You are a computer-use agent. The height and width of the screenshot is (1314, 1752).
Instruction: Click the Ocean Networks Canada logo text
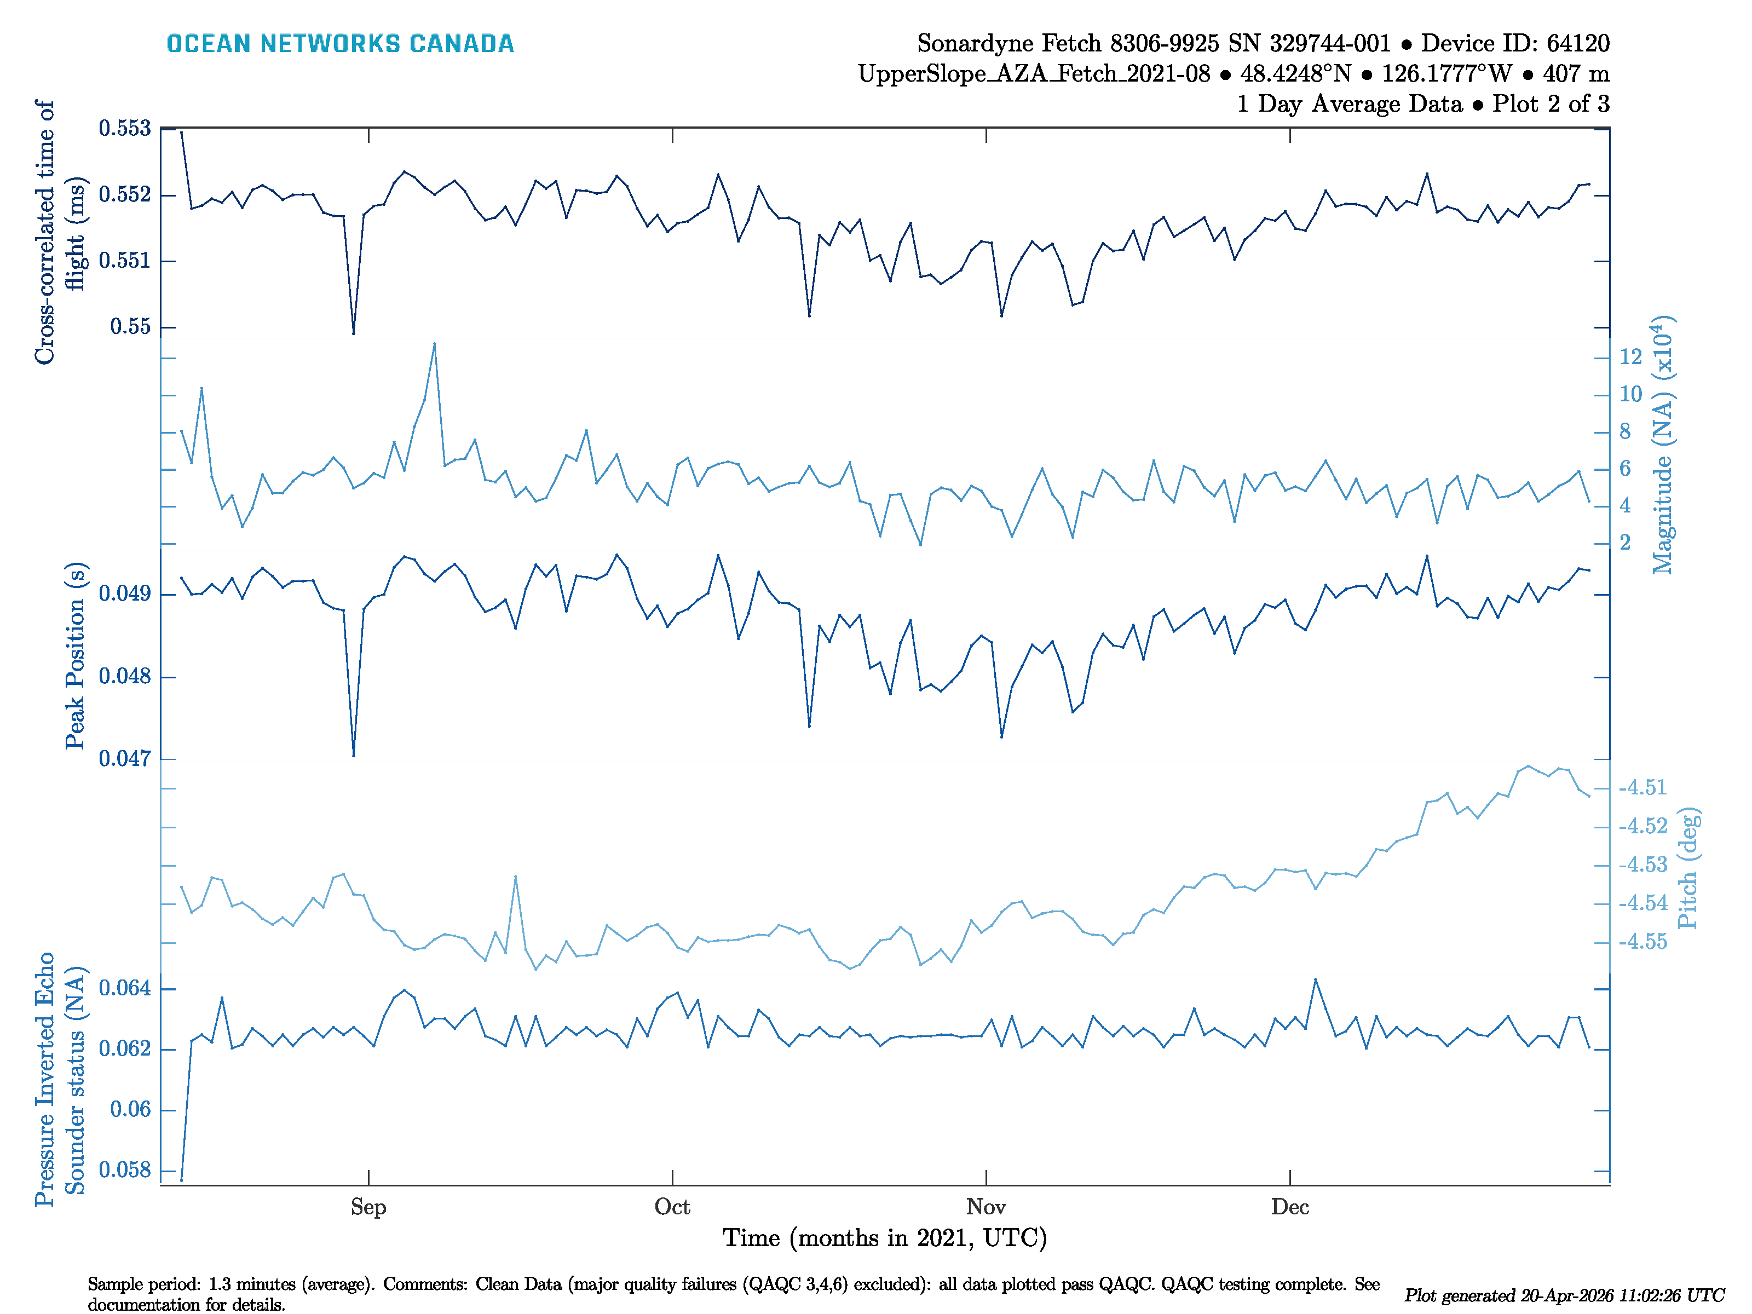tap(340, 44)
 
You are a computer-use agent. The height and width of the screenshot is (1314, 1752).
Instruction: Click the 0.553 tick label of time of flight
tap(124, 128)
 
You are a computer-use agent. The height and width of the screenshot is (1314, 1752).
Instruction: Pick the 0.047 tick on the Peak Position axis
tap(124, 759)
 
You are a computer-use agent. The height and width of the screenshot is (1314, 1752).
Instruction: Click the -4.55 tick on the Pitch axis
tap(1642, 942)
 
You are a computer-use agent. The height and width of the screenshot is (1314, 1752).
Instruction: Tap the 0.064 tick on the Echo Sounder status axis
tap(124, 988)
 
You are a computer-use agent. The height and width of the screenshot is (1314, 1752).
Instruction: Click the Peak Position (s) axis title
tap(75, 656)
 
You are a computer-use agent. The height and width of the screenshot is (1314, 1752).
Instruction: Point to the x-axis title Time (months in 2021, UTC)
tap(885, 1238)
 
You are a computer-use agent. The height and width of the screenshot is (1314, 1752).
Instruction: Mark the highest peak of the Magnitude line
tap(435, 344)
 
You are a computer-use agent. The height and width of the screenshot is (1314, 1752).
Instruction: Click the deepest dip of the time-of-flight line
tap(353, 333)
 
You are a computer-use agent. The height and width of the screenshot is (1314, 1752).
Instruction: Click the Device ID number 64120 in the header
tap(1578, 44)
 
